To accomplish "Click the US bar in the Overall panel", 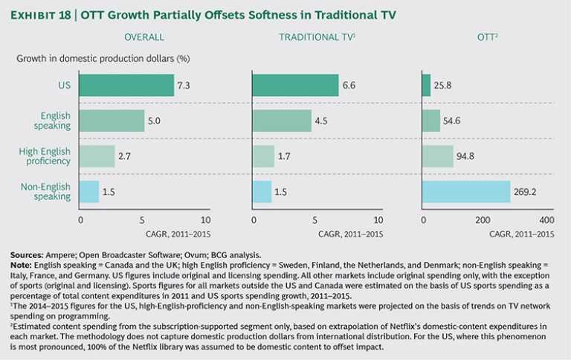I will (x=126, y=86).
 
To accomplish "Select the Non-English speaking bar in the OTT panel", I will (x=466, y=192).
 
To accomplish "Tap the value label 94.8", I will (x=466, y=156).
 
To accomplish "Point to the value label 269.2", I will (x=523, y=192).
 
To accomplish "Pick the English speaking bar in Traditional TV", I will (x=283, y=120).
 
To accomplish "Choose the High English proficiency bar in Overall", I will (x=97, y=156).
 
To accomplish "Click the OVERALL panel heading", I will (x=143, y=36).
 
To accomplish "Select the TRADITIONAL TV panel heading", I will (x=314, y=36).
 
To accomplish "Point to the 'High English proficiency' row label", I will (x=45, y=156).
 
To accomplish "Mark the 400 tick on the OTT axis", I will (x=546, y=221).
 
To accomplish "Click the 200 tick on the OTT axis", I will (x=484, y=221).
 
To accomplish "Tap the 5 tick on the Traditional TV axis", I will (x=315, y=221).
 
